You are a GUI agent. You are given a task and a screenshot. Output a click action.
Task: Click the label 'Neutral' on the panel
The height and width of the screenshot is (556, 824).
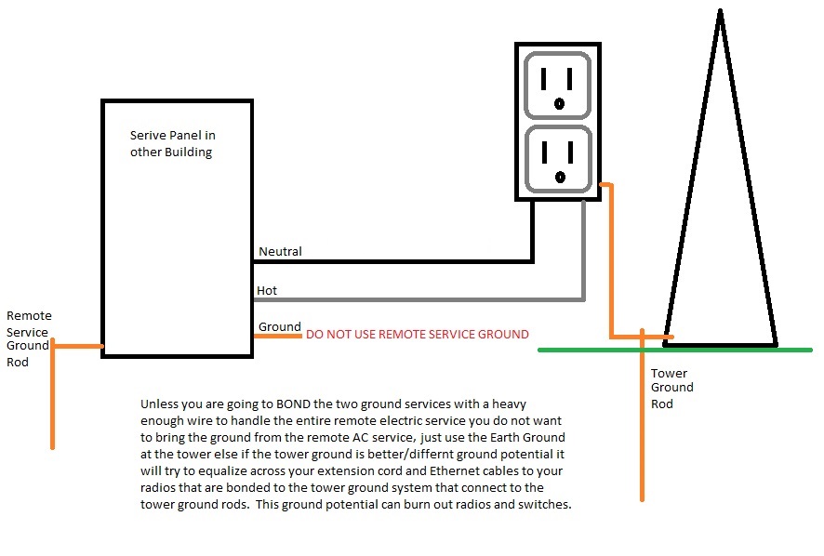pyautogui.click(x=280, y=252)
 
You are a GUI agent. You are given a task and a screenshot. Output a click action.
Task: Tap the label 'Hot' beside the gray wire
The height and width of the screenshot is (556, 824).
pyautogui.click(x=267, y=291)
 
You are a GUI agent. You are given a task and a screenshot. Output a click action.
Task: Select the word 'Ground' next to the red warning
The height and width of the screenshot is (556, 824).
pyautogui.click(x=279, y=327)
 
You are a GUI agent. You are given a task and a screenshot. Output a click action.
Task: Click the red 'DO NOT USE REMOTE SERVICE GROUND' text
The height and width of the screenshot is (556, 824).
pyautogui.click(x=418, y=335)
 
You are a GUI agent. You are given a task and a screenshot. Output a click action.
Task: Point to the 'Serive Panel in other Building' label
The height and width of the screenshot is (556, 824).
pyautogui.click(x=173, y=144)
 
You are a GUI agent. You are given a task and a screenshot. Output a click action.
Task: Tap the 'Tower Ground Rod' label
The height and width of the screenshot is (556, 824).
pyautogui.click(x=671, y=388)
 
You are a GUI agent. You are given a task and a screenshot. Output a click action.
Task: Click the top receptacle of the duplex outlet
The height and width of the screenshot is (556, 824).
pyautogui.click(x=557, y=84)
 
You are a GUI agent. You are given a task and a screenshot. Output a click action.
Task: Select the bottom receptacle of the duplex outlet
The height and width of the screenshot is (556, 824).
pyautogui.click(x=557, y=158)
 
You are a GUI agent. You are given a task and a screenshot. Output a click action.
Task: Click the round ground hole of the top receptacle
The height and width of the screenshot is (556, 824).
pyautogui.click(x=559, y=103)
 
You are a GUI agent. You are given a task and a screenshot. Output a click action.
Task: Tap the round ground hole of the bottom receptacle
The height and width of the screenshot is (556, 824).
pyautogui.click(x=559, y=177)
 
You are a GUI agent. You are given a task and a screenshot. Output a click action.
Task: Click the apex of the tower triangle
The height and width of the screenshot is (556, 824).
pyautogui.click(x=720, y=12)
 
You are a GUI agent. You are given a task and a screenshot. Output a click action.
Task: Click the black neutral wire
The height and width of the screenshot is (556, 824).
pyautogui.click(x=391, y=261)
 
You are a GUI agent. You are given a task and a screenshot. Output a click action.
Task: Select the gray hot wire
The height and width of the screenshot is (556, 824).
pyautogui.click(x=419, y=299)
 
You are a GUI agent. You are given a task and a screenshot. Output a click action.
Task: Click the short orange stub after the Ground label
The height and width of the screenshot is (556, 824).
pyautogui.click(x=278, y=336)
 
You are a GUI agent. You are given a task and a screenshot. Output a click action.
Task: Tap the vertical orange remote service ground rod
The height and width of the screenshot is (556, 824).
pyautogui.click(x=53, y=400)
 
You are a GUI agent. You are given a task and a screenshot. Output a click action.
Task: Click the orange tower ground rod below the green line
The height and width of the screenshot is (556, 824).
pyautogui.click(x=642, y=428)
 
